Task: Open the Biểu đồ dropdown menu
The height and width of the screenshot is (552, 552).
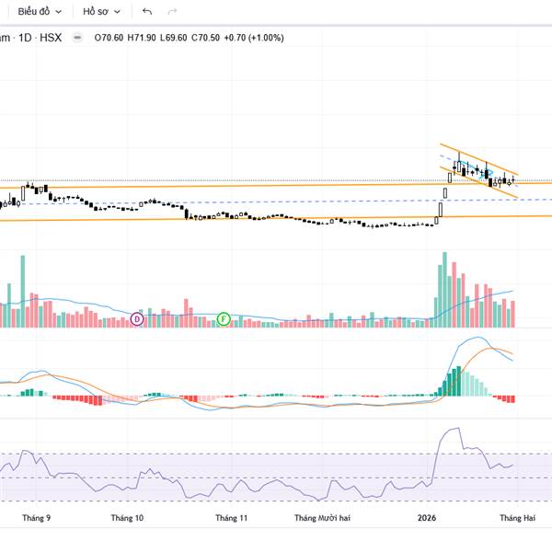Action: [40, 12]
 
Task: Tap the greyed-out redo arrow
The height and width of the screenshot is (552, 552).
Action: [172, 12]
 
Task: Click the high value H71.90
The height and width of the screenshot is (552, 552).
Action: [143, 38]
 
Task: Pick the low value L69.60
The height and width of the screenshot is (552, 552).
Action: [175, 38]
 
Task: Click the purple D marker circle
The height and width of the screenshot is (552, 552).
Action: [137, 319]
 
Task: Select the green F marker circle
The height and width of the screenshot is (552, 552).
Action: [223, 319]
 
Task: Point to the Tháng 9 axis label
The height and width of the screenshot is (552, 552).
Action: [36, 518]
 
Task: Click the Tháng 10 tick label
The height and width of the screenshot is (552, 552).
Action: [127, 518]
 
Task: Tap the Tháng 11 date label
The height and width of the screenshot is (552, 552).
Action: [232, 518]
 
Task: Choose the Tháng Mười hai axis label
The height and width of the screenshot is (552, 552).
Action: [322, 518]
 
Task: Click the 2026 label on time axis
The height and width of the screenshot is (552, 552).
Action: [428, 518]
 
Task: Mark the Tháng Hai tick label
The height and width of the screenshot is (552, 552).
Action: [517, 518]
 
